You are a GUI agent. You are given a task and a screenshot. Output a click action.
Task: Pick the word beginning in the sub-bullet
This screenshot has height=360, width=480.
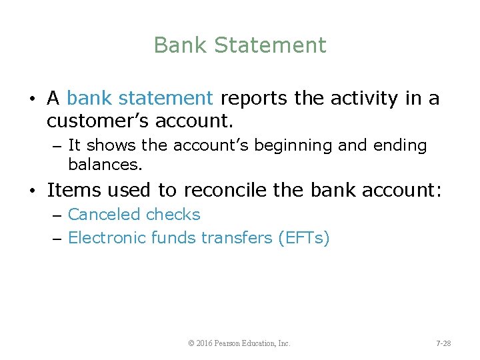(x=305, y=145)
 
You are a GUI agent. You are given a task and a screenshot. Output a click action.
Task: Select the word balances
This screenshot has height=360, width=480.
(x=105, y=163)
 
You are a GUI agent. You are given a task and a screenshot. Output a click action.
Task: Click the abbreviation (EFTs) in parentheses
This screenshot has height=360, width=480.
(x=303, y=238)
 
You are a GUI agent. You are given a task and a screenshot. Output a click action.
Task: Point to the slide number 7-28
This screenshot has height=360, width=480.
(x=443, y=343)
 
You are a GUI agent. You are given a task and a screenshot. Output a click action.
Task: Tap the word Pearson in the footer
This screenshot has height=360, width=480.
(x=235, y=343)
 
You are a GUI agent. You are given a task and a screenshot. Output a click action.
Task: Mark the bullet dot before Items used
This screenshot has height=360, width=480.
(x=33, y=191)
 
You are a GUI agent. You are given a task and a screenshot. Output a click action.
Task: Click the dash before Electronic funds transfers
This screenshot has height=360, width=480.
(x=57, y=239)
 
